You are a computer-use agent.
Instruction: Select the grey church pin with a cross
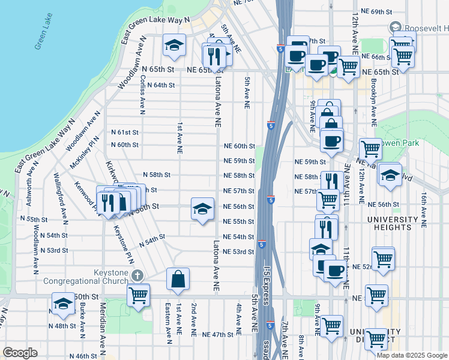click(x=137, y=275)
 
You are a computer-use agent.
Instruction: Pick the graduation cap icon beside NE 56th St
click(x=202, y=209)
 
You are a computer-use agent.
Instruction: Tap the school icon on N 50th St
click(x=62, y=304)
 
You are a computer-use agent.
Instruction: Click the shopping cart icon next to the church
click(x=139, y=295)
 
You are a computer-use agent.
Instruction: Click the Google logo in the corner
click(x=20, y=352)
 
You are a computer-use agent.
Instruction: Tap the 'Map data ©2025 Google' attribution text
click(x=411, y=355)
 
